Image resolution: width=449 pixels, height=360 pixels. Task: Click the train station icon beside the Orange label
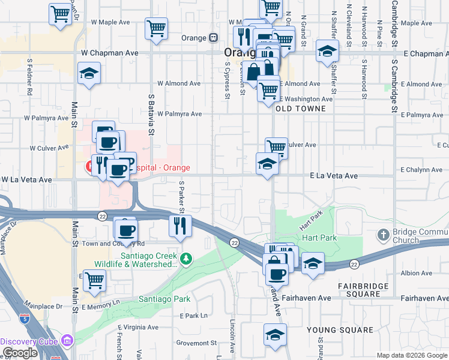click(x=213, y=37)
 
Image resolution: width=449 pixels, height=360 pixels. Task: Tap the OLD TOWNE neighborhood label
click(x=300, y=109)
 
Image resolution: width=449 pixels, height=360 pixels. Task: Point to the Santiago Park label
click(x=164, y=299)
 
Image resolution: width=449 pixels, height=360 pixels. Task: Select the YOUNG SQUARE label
click(x=340, y=330)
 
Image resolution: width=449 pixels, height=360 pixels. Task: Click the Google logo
click(x=20, y=353)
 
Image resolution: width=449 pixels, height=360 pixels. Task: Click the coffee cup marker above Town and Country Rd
click(x=126, y=229)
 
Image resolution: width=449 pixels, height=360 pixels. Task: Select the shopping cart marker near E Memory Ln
click(x=94, y=280)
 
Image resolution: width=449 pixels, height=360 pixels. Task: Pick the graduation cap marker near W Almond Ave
click(x=89, y=74)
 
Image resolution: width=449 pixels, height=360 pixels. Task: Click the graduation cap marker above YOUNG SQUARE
click(x=275, y=334)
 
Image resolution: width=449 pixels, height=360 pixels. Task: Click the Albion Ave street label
click(x=416, y=273)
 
